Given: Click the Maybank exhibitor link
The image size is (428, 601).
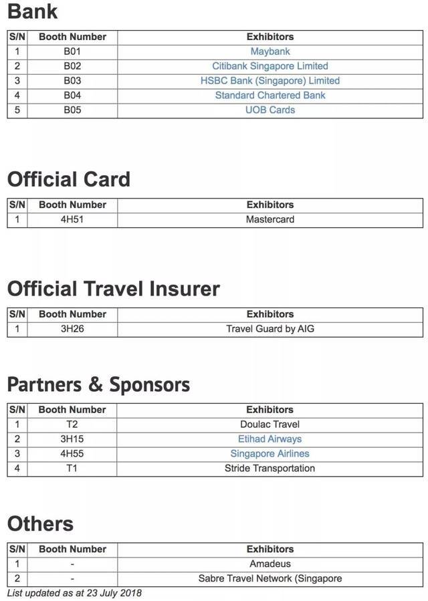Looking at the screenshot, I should tap(270, 51).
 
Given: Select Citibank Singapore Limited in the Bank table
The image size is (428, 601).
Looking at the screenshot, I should tap(270, 66).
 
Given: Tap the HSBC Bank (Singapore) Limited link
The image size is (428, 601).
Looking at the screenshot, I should tap(270, 81).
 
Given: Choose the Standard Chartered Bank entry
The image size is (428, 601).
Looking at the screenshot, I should tap(270, 96).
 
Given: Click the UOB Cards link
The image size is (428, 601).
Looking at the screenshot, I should tap(270, 110).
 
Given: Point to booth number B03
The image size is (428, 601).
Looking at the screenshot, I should tap(72, 81).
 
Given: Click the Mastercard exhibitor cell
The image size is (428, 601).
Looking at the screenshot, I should tap(270, 219).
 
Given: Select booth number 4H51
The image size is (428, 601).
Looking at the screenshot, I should tap(72, 219).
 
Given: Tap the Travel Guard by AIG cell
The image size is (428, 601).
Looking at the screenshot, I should tap(270, 329).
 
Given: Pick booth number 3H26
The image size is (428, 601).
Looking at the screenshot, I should tap(72, 329).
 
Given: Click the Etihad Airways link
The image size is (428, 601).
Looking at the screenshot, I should tap(270, 439).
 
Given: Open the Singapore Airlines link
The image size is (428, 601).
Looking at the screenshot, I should tap(270, 454).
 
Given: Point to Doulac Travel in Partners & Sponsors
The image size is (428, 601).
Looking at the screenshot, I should tap(270, 425).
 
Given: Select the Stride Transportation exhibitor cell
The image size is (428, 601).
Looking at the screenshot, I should tap(270, 469).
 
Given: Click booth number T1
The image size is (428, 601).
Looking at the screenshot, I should tap(72, 469).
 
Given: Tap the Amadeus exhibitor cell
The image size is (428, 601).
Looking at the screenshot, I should tap(270, 564).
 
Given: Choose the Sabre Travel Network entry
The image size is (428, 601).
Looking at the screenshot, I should tap(270, 579).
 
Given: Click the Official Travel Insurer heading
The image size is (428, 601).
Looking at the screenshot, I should tap(114, 289).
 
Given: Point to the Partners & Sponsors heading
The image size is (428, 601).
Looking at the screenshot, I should tap(98, 384).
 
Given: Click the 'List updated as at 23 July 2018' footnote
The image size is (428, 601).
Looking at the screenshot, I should tap(74, 593).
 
